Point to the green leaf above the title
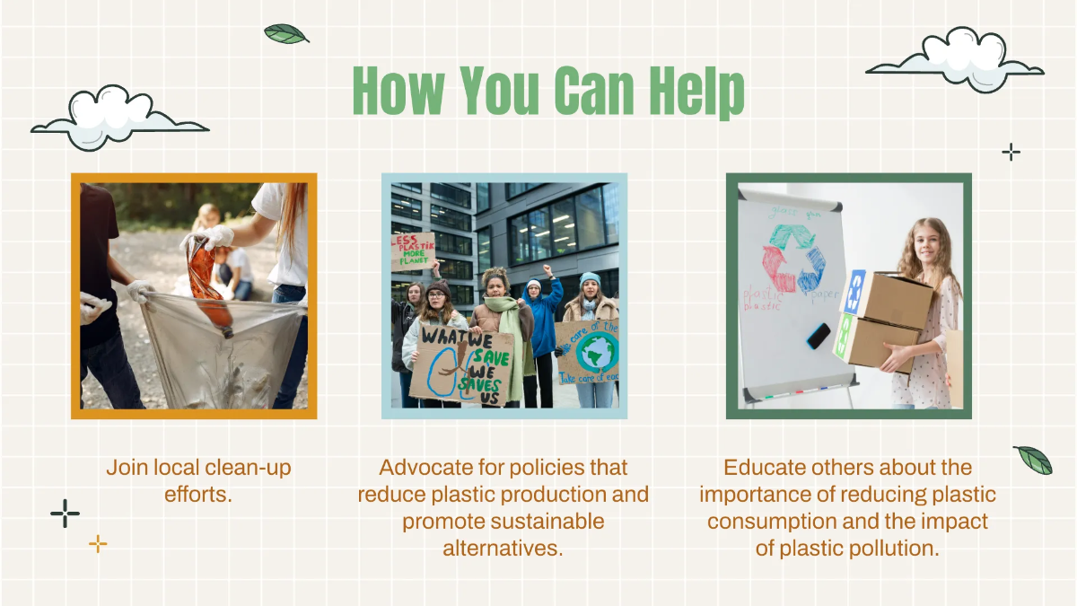click(285, 34)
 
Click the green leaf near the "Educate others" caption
click(1033, 460)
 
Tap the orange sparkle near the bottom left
click(98, 543)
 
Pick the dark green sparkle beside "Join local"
click(65, 513)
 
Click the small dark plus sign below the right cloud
click(1011, 152)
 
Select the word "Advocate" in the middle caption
click(426, 468)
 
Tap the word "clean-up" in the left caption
click(249, 468)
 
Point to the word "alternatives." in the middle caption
click(503, 548)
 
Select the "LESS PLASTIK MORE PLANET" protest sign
click(414, 252)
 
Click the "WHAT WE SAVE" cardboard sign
click(461, 364)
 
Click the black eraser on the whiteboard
click(819, 336)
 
